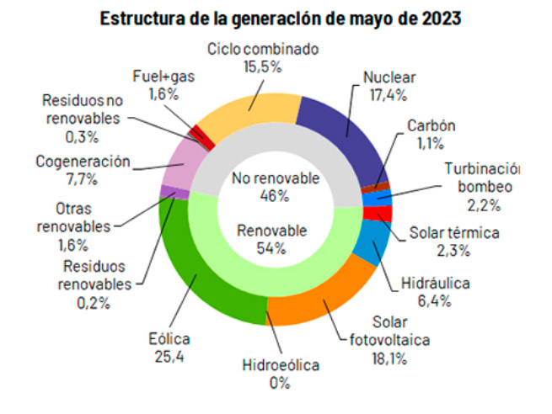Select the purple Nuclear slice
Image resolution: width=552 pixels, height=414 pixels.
click(337, 135)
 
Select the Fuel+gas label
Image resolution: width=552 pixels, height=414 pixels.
click(163, 75)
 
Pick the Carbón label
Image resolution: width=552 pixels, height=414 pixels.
click(431, 125)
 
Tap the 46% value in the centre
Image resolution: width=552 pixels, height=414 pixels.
click(275, 195)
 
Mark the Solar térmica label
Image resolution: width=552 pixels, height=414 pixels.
click(454, 232)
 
